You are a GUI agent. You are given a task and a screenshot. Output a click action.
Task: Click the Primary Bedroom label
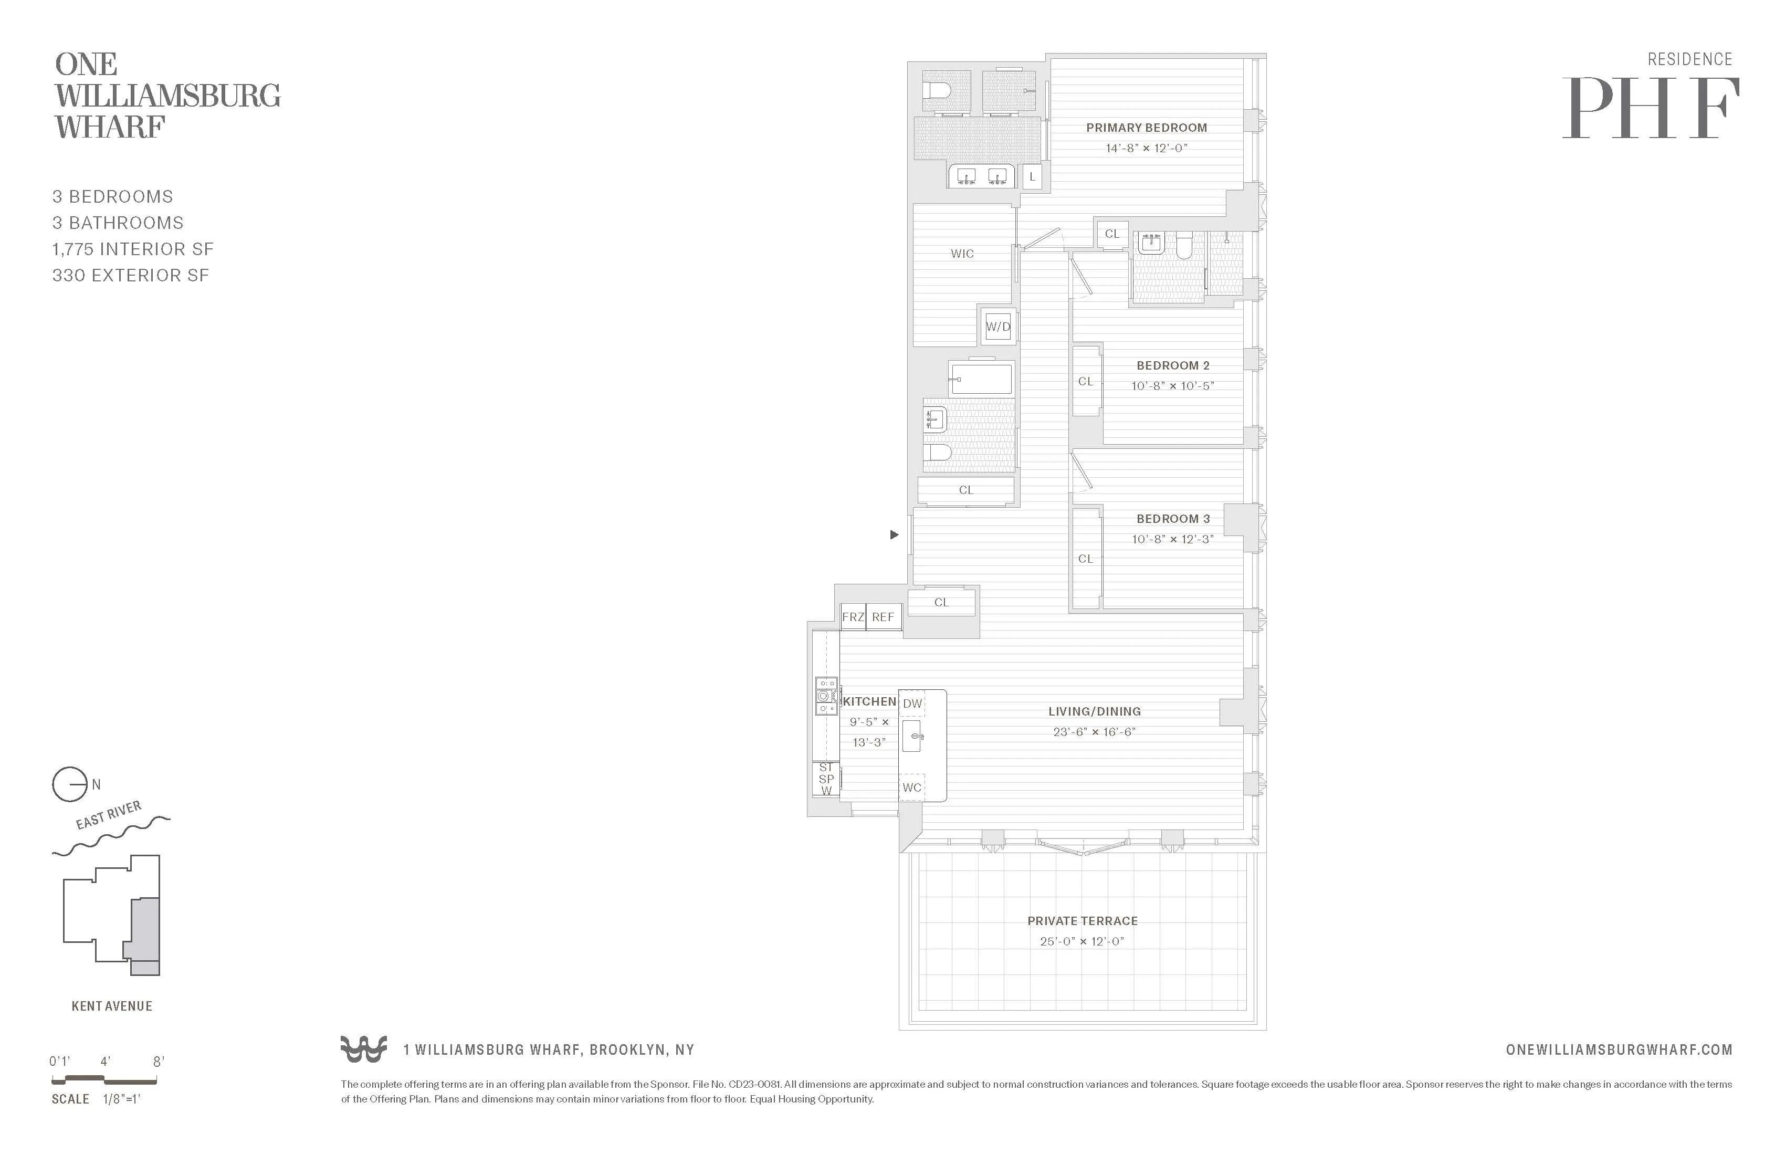1146,128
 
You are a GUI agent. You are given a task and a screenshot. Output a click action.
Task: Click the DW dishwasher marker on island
912,703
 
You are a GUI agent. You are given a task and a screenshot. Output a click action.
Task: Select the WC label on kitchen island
911,787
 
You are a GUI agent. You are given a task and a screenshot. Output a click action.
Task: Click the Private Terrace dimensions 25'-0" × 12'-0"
1081,941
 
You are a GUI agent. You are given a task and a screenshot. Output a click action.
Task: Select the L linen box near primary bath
1032,177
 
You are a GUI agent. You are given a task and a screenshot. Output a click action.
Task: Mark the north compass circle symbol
69,784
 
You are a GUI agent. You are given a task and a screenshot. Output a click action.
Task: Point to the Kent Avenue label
112,1006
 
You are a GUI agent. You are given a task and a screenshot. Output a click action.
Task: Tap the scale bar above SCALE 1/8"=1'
104,1080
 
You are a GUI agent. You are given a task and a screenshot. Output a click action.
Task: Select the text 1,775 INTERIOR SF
133,249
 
